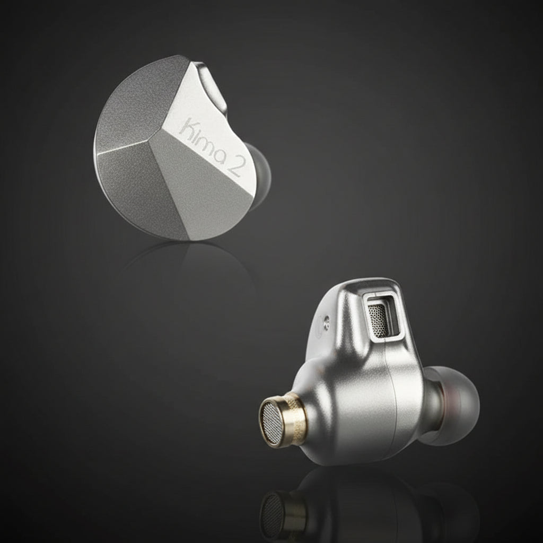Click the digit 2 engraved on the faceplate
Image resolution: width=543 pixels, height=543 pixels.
235,168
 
